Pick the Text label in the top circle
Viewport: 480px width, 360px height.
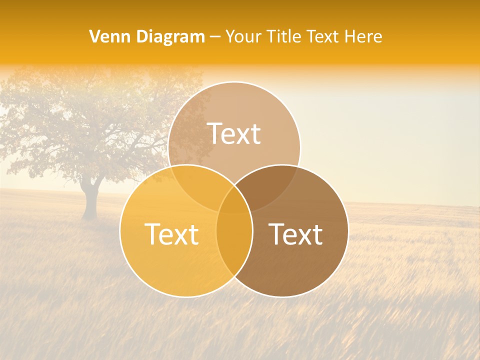pos(234,134)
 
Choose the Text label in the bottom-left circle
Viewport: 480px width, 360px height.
pos(171,234)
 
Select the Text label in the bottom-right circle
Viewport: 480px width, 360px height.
pos(296,234)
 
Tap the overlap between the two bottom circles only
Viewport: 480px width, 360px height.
pos(234,245)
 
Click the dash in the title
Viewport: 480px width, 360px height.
pos(215,37)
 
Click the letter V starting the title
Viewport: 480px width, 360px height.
pos(94,36)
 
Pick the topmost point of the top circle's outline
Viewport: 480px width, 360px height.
pos(234,81)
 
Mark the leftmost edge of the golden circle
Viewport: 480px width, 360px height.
pos(120,231)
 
